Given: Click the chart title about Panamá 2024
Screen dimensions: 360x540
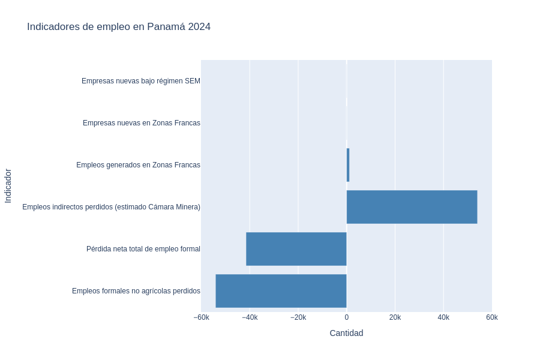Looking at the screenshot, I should point(119,27).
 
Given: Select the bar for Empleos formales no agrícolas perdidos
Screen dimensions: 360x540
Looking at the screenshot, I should point(281,291).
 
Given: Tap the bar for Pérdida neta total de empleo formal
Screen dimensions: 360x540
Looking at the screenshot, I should point(296,249).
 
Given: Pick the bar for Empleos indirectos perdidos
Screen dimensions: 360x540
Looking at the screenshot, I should point(412,207).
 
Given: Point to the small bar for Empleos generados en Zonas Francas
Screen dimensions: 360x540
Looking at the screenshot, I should point(348,165).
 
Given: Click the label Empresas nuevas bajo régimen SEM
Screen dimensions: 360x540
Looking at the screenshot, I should point(141,81).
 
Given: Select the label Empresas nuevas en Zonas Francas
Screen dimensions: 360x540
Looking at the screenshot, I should point(142,123).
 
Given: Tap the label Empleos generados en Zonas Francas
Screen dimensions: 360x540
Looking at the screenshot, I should point(138,165).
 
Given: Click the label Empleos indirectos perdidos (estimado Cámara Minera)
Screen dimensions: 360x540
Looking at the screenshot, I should point(111,207).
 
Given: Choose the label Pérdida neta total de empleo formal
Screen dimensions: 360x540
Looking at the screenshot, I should point(143,249).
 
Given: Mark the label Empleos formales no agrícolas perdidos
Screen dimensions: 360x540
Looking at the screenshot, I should point(136,291).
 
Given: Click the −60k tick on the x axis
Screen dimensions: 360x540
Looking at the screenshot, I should point(201,317).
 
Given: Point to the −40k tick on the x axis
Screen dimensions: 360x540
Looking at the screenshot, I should point(250,317).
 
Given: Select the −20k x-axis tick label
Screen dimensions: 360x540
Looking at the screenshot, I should point(298,317).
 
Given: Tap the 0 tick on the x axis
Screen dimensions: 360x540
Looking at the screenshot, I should point(347,317).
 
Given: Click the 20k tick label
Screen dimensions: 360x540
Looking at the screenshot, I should point(395,317).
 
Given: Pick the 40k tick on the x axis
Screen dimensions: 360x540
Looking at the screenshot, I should point(443,317).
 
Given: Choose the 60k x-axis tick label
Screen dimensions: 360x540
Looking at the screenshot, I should point(492,317).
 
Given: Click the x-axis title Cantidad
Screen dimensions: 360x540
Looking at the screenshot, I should point(346,333).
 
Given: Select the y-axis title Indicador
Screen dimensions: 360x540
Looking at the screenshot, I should point(8,185).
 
